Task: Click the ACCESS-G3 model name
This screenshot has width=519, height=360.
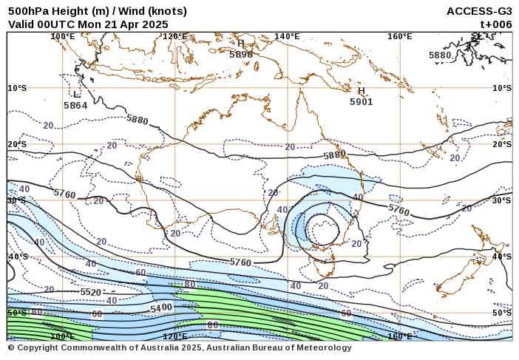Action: pos(479,11)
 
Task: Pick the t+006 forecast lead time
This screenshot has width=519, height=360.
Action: pos(496,24)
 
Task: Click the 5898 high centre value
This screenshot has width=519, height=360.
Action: pos(241,54)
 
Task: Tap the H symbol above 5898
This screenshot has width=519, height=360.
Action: pos(241,44)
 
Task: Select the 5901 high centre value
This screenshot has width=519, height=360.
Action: pos(362,102)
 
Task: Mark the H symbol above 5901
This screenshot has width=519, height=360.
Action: pos(362,91)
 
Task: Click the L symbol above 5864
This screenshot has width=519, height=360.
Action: pos(76,95)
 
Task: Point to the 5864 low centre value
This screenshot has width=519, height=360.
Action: pos(75,106)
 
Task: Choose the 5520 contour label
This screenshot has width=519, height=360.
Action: pos(90,293)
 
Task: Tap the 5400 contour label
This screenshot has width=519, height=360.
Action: pos(161,308)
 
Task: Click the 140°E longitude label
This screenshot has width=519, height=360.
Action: pos(287,36)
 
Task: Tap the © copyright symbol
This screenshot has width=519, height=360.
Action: pos(11,348)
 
